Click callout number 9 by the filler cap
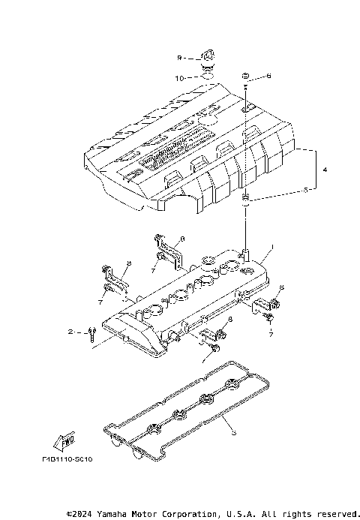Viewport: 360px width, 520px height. [x=179, y=57]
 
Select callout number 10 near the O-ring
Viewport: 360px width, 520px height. [x=179, y=77]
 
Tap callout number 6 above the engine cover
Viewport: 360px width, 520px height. [x=268, y=77]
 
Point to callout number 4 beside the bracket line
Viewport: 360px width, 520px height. [x=325, y=171]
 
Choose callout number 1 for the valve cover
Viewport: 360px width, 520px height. [x=272, y=247]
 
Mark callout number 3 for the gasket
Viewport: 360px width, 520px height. [x=233, y=431]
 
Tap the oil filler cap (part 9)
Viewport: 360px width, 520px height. [x=206, y=56]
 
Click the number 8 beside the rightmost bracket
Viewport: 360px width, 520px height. [x=281, y=288]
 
